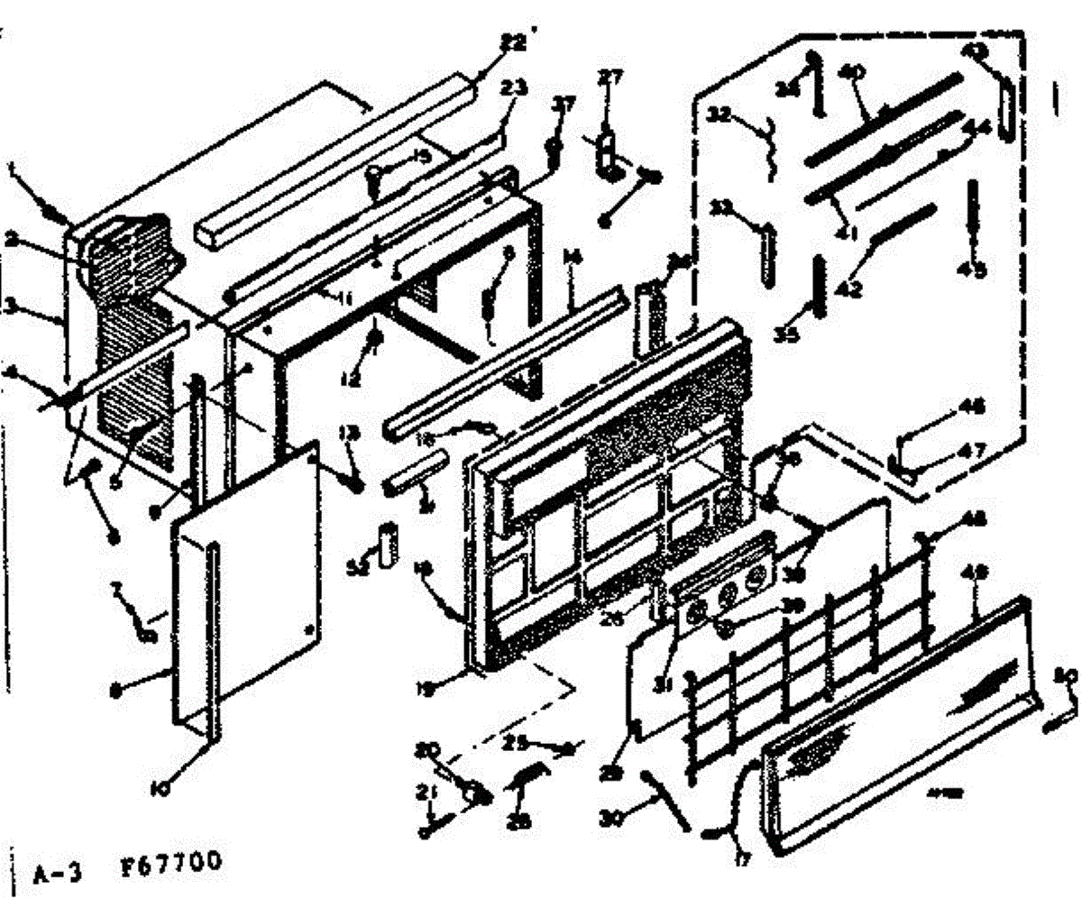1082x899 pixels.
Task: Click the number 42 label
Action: pos(849,289)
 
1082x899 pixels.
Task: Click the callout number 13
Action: pos(349,433)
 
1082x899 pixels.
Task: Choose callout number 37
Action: pos(564,106)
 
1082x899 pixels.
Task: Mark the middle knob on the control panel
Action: pos(728,593)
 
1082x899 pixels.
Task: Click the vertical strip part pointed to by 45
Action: pos(975,213)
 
